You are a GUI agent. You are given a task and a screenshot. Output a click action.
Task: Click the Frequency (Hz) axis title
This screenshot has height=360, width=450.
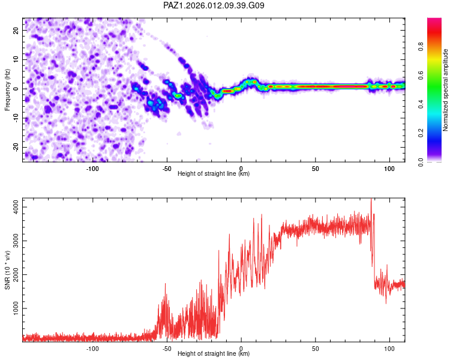(7, 89)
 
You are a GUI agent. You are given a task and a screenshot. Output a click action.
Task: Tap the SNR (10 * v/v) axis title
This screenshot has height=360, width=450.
(7, 269)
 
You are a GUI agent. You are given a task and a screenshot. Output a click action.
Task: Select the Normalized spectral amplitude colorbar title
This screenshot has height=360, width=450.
(445, 90)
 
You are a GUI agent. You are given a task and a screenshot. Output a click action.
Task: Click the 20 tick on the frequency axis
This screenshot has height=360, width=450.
(17, 30)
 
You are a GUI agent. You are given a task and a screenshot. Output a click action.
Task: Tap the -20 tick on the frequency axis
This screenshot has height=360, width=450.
(16, 147)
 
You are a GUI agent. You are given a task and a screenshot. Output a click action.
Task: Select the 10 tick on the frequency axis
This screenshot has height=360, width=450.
(17, 59)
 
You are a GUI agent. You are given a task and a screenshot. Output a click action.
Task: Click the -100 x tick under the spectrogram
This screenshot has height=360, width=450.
(92, 169)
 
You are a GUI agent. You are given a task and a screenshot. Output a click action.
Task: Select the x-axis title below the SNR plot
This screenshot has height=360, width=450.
(214, 354)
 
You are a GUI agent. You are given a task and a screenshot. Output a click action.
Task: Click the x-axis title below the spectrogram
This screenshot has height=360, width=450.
(214, 174)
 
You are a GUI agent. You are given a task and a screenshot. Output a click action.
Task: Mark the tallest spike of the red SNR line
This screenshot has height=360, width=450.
(371, 200)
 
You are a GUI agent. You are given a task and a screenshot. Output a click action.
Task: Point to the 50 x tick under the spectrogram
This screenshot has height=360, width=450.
(315, 169)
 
